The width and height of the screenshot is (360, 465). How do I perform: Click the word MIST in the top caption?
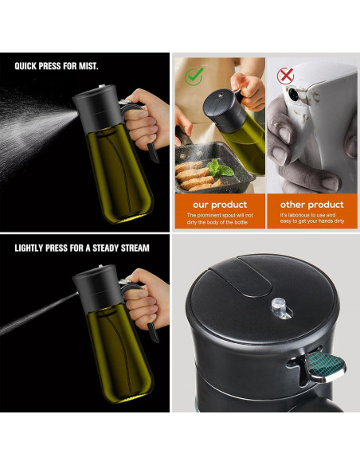click(x=88, y=66)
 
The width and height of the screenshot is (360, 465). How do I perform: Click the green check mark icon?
click(x=194, y=76)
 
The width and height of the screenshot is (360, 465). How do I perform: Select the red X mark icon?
click(x=285, y=76)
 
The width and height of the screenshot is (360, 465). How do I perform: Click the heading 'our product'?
click(x=220, y=205)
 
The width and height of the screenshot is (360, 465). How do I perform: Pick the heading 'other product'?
click(x=312, y=205)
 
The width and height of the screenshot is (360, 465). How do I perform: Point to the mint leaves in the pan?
click(x=221, y=169)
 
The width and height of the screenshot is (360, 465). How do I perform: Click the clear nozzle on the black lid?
click(x=280, y=308)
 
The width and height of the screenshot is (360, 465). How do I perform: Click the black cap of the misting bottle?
click(x=98, y=107)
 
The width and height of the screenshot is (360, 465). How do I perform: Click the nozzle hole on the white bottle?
click(x=294, y=94)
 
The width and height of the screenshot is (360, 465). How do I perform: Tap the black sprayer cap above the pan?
click(x=224, y=109)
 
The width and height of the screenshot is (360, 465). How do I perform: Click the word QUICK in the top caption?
click(x=25, y=66)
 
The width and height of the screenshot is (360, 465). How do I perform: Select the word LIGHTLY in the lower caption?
click(x=29, y=248)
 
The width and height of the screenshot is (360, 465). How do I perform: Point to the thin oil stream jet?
click(x=39, y=314)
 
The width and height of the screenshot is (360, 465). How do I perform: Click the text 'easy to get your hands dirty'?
click(x=312, y=221)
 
